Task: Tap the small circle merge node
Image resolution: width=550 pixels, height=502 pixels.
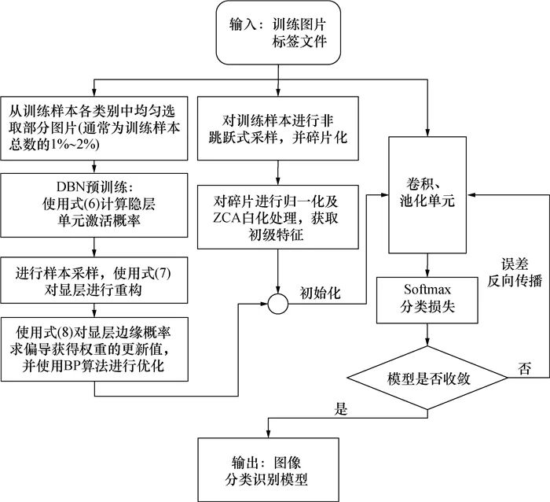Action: click(280, 301)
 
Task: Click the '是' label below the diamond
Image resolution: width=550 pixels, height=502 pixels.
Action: click(340, 409)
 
